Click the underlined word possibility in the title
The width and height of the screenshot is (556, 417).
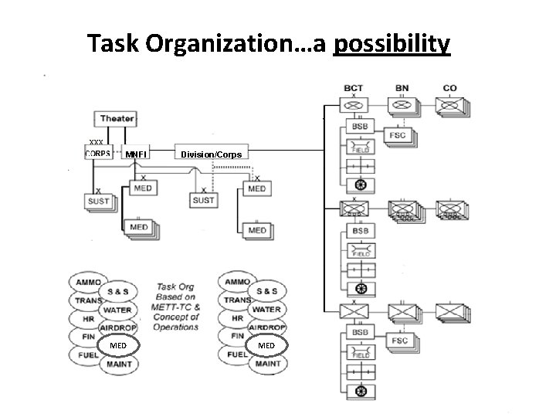[391, 44]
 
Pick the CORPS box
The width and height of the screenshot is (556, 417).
[98, 152]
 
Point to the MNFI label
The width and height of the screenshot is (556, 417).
[136, 154]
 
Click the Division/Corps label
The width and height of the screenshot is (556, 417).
[211, 154]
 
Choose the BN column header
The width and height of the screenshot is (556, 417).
[402, 88]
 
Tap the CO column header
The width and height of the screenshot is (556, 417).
[449, 88]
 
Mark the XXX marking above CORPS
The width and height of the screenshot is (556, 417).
[97, 141]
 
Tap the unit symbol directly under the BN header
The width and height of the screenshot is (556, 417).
[402, 106]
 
